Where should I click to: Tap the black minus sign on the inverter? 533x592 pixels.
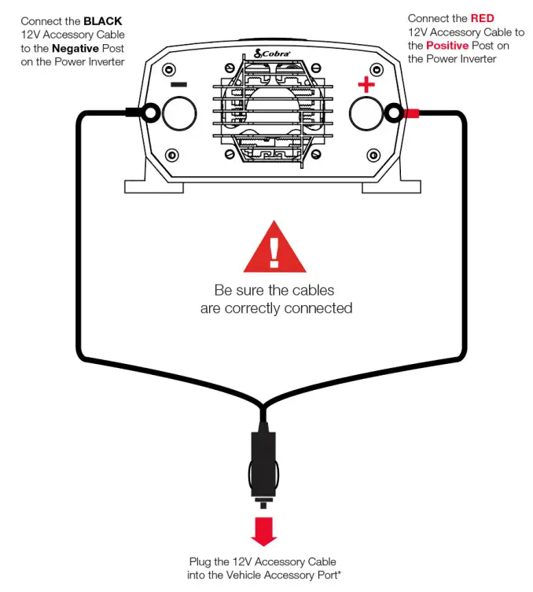(178, 84)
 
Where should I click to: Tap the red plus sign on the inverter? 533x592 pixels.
(366, 85)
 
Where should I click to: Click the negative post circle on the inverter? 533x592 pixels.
(178, 114)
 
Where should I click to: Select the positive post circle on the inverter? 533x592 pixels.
(366, 114)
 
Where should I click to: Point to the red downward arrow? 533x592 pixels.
(264, 531)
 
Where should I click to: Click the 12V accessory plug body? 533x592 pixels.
(263, 464)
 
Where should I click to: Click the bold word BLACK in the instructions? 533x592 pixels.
(103, 20)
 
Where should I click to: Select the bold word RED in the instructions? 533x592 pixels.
(482, 18)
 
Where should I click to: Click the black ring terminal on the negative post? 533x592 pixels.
(150, 114)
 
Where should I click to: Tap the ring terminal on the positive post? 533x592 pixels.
(393, 114)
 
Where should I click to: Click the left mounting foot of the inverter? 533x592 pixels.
(154, 186)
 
